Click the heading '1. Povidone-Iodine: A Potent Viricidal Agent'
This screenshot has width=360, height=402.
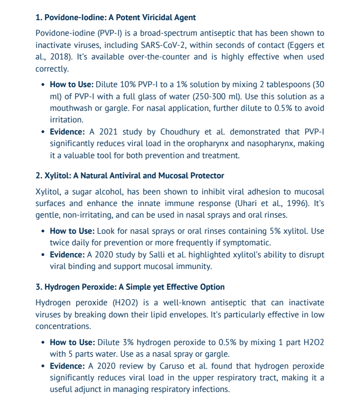pyautogui.click(x=115, y=18)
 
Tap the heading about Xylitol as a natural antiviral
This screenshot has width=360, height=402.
pyautogui.click(x=130, y=176)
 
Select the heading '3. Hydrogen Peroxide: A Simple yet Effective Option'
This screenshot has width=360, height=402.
pyautogui.click(x=130, y=287)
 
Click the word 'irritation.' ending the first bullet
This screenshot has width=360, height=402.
pyautogui.click(x=67, y=120)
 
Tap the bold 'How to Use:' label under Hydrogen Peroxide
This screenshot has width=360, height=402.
pyautogui.click(x=72, y=342)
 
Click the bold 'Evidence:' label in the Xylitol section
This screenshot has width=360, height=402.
pyautogui.click(x=68, y=254)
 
